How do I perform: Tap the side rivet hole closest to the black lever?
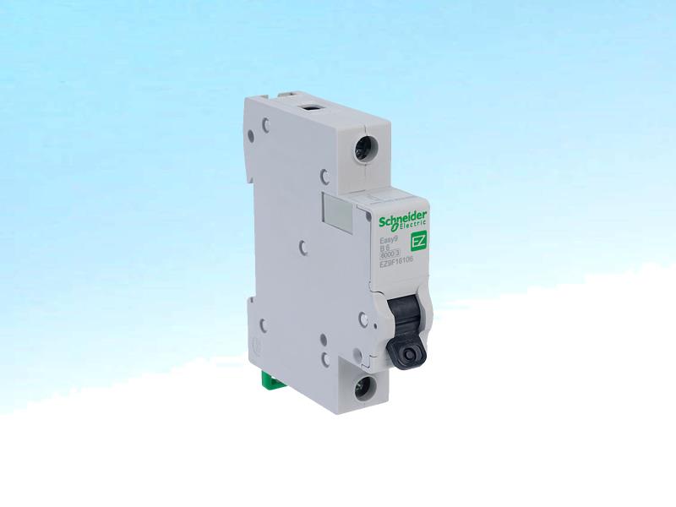click(x=362, y=319)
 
